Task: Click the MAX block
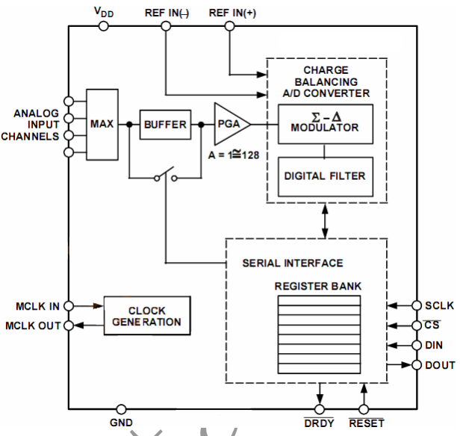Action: [102, 124]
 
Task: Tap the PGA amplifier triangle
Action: [229, 124]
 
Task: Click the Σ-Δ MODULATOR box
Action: [325, 123]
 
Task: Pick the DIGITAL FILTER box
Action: [325, 176]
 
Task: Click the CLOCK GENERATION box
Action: [147, 317]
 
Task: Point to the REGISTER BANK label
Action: [318, 286]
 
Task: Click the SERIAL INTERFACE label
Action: [293, 263]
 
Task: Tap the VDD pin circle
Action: [104, 26]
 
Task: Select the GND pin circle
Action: [120, 409]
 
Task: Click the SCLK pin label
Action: [438, 306]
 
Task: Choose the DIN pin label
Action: [434, 345]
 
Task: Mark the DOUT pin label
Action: [438, 364]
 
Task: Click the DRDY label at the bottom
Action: [320, 424]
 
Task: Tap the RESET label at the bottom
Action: [366, 424]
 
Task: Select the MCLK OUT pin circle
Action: [69, 326]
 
